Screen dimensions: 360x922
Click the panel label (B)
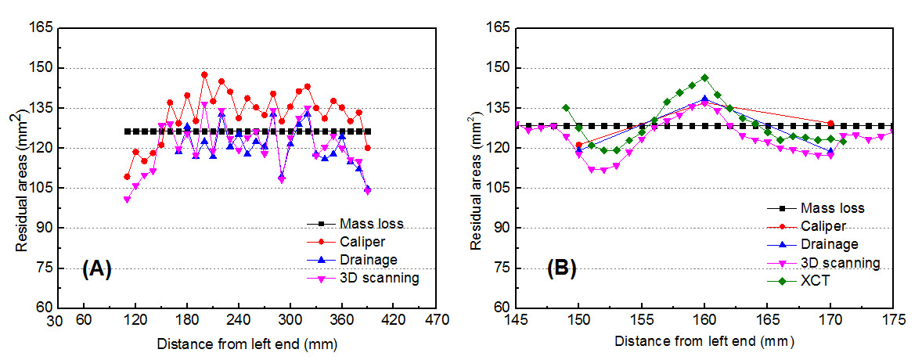point(560,269)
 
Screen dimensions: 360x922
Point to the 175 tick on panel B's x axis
point(893,320)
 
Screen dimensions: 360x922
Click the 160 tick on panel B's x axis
point(704,320)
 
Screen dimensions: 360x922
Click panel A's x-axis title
point(247,343)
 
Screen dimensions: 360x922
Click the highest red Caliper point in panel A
point(204,75)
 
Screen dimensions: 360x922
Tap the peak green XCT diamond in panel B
point(704,77)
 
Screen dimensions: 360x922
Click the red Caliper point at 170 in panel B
point(830,124)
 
